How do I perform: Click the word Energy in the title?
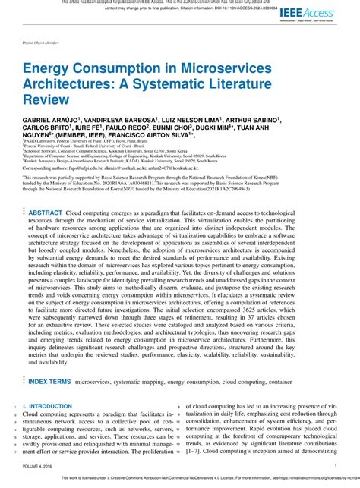point(46,69)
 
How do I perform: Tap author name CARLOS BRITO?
point(43,128)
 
